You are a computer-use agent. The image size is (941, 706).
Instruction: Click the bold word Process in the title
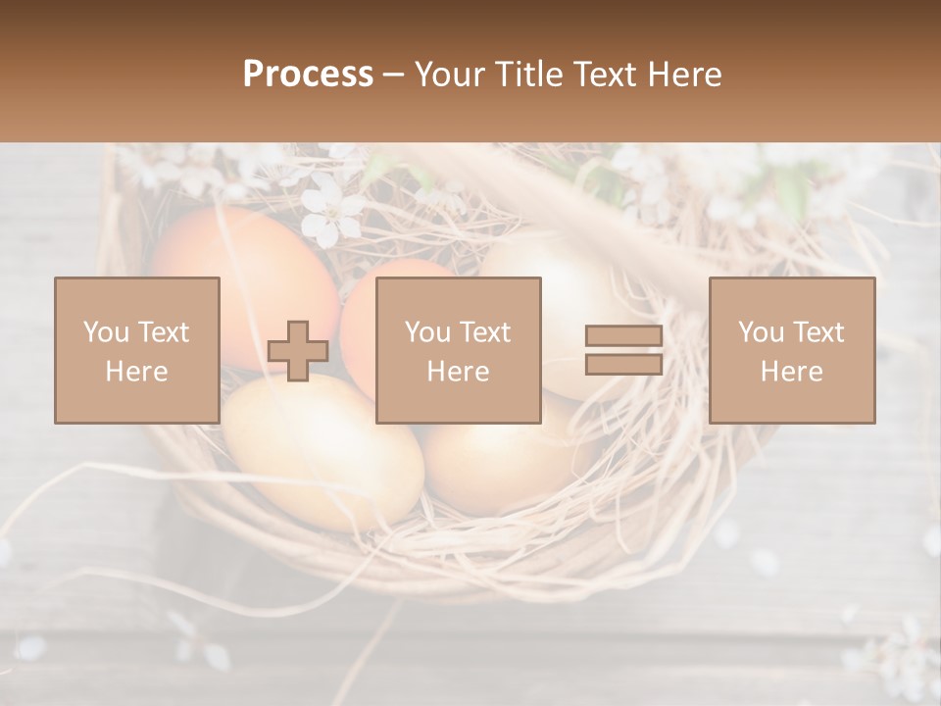coord(308,75)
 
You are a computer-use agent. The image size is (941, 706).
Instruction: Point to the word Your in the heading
coord(451,75)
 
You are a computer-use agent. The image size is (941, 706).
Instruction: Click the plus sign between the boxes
coord(298,351)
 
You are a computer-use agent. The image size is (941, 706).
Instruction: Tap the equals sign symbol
coord(623,350)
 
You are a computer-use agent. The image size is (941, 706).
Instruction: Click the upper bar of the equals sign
coord(623,336)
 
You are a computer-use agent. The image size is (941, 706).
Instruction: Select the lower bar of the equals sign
coord(623,364)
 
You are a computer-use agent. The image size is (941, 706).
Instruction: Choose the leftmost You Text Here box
coord(136,350)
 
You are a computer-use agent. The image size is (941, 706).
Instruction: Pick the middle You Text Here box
coord(458,350)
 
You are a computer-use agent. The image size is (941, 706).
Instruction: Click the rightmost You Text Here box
coord(791,350)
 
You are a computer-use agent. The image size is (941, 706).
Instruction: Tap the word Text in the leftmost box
coord(163,332)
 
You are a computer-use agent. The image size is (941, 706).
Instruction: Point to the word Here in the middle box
coord(458,372)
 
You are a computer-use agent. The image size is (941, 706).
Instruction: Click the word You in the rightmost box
coord(761,332)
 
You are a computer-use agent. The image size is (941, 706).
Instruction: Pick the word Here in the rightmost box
coord(791,372)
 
